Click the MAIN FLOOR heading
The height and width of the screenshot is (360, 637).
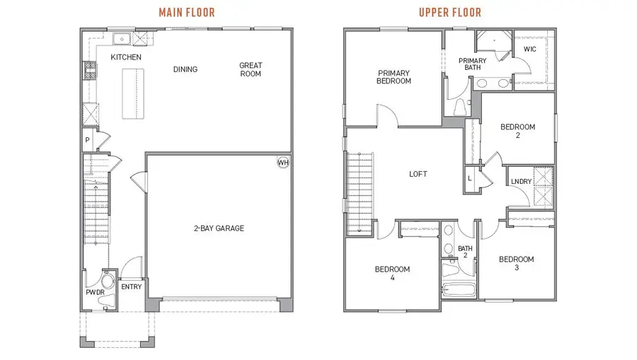tap(187, 12)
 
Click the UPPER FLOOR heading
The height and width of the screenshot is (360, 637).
tap(449, 12)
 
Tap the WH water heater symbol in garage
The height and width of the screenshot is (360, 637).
tap(283, 163)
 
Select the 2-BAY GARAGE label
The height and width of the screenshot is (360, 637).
tap(219, 228)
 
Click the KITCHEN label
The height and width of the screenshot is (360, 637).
tap(126, 57)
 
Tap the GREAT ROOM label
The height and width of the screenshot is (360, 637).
tap(251, 69)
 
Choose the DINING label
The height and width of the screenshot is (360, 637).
tap(185, 69)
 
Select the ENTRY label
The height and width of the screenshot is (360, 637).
tap(132, 286)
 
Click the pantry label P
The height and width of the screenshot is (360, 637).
tap(88, 141)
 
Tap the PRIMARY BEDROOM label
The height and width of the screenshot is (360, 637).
tap(394, 76)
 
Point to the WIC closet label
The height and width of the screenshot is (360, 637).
tap(530, 49)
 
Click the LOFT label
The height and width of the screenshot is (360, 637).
tap(418, 174)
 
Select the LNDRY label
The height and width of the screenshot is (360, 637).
tap(521, 182)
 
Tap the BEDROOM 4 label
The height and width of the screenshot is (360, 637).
tap(392, 273)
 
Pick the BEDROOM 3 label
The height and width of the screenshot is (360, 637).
tap(516, 264)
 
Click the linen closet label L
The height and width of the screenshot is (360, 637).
tap(471, 178)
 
